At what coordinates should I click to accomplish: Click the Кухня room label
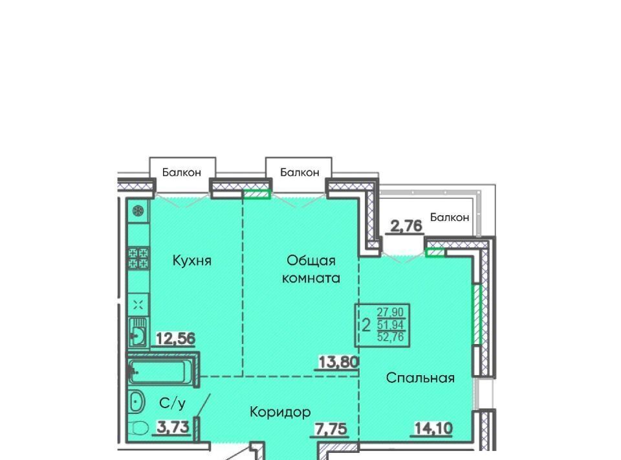click(x=192, y=261)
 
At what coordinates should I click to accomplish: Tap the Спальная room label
click(x=420, y=378)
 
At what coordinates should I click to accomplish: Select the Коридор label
click(x=280, y=413)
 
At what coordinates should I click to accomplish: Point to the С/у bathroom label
click(x=172, y=403)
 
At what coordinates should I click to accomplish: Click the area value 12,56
click(x=176, y=339)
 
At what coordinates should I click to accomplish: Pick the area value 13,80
click(x=338, y=362)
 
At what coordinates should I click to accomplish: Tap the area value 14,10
click(x=433, y=428)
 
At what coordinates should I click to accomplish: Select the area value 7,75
click(x=331, y=429)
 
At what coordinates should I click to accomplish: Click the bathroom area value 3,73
click(x=173, y=428)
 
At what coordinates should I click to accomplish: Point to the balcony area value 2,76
click(x=406, y=226)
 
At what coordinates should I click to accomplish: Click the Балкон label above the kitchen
click(x=182, y=172)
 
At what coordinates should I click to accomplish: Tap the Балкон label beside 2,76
click(x=450, y=217)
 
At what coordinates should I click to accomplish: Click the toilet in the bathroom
click(x=138, y=429)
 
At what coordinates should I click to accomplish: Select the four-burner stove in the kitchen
click(x=138, y=258)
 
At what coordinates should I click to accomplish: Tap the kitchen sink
click(x=138, y=332)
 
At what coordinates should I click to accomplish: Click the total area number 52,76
click(x=391, y=337)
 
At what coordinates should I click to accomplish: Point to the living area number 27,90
click(x=391, y=312)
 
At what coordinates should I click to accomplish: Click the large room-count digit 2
click(x=366, y=326)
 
